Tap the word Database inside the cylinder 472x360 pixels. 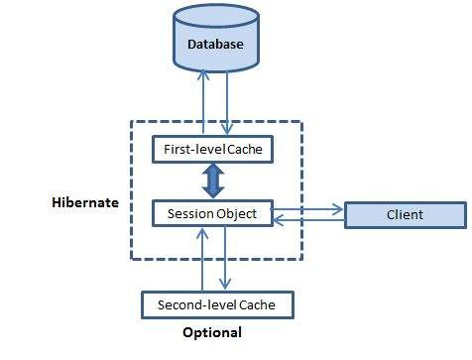pyautogui.click(x=215, y=45)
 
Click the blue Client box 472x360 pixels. pyautogui.click(x=405, y=214)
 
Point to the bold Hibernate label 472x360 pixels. pyautogui.click(x=85, y=202)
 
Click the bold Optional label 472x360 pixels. pyautogui.click(x=212, y=333)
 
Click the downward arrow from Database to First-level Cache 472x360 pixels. pyautogui.click(x=228, y=104)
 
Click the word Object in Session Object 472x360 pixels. pyautogui.click(x=237, y=213)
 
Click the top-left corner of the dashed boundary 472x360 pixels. pyautogui.click(x=132, y=122)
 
